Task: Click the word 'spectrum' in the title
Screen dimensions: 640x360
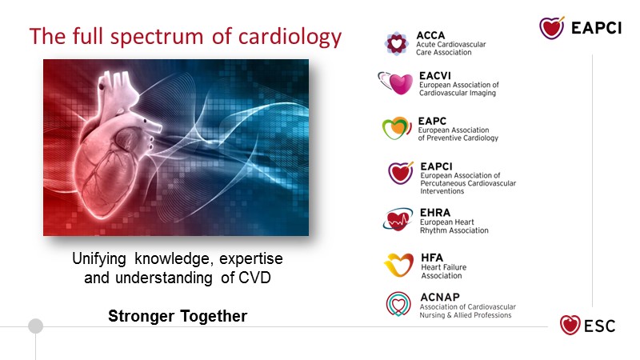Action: pos(157,38)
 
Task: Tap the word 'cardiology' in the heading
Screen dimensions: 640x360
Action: pos(290,38)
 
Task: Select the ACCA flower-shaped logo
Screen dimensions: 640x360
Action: pos(396,43)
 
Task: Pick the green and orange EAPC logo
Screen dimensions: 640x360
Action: pos(397,128)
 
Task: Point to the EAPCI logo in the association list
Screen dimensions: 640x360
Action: pos(401,173)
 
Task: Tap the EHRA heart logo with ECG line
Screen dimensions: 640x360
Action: pos(398,218)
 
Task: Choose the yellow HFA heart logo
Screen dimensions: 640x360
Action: pos(398,265)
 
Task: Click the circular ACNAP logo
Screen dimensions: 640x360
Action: pos(398,304)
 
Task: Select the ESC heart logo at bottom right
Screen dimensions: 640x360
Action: pos(570,326)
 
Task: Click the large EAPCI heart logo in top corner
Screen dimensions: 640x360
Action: pos(552,28)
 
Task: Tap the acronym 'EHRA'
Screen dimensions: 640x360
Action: pos(435,213)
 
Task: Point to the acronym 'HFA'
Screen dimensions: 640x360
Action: pos(432,258)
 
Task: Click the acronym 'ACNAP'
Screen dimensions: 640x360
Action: pos(440,297)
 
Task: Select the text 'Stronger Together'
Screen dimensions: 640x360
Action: pos(178,316)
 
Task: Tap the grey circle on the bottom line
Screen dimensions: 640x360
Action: pos(35,326)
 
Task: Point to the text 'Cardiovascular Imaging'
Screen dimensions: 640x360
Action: pos(458,93)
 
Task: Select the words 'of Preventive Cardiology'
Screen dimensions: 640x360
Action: pos(458,138)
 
